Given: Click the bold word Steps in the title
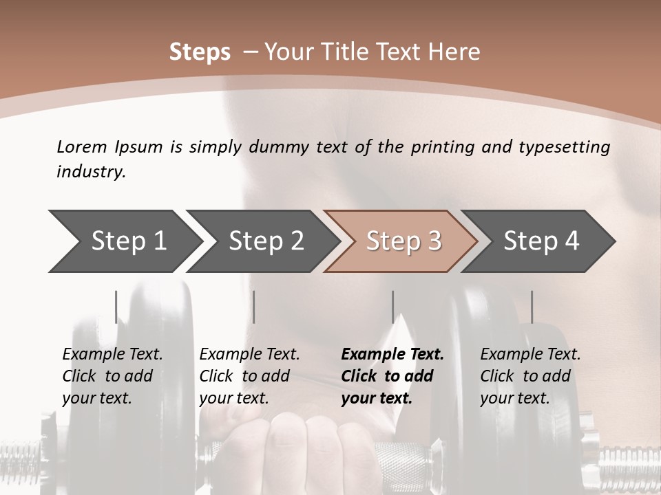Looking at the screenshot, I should [200, 52].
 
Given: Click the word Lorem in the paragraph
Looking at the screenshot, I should [82, 146].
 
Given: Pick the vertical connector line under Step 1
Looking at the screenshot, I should [116, 307].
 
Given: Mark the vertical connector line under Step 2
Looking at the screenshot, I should [254, 307].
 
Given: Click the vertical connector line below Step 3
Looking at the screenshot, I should [393, 307].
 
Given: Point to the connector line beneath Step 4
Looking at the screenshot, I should [532, 307].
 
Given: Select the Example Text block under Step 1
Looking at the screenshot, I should [112, 376].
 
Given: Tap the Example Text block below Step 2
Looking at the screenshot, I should [249, 376].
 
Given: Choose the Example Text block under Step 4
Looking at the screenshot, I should [530, 376].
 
